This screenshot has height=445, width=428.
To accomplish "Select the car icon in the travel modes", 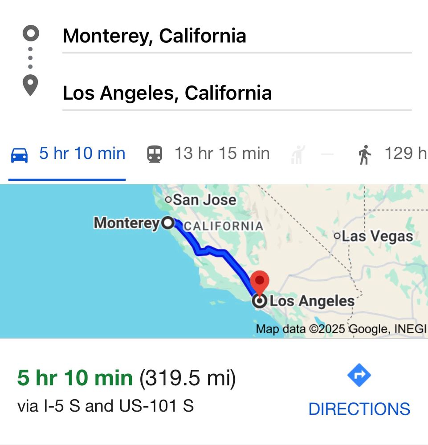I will pos(19,154).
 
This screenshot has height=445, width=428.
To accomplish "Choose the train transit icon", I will pos(155,154).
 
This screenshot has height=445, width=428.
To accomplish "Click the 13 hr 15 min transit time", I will pos(222,154).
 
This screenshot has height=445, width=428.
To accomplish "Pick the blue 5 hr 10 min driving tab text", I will pos(82,154).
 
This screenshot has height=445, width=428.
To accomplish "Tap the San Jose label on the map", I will pos(204,200).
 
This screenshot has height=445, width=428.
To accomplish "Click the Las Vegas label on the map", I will pos(377,236).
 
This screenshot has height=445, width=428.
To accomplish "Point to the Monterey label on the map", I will pos(126,222).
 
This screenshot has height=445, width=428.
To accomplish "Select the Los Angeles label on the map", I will pos(312,301).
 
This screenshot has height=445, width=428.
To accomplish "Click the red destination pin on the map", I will pos(259,281).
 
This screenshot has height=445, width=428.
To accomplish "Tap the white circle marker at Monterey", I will pos(168,222).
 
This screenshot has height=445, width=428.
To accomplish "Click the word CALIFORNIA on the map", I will pos(224,226).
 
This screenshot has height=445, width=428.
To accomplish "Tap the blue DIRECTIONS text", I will pos(359,409).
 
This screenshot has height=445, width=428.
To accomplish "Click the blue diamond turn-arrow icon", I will pos(359,376).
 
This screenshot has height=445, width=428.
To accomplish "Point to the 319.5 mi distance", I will pos(188,379).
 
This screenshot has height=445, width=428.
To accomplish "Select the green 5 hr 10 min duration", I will pos(75,379).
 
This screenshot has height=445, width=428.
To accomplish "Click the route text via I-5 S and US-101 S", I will pos(106,406).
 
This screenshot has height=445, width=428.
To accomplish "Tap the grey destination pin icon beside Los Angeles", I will pos(30,85).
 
